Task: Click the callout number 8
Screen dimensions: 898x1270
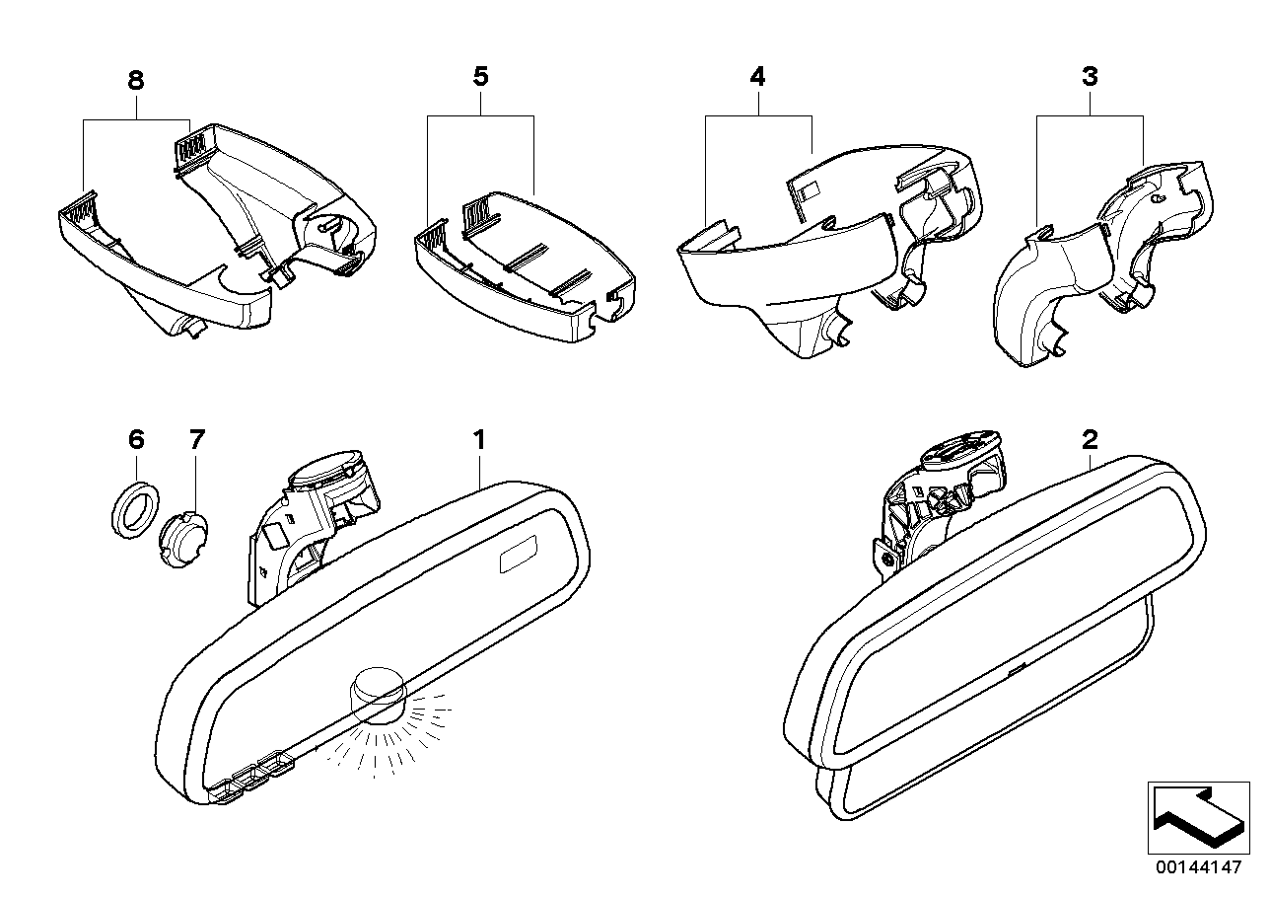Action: (x=135, y=81)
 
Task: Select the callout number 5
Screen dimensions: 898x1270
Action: (x=480, y=77)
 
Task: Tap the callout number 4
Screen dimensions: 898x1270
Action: (x=756, y=77)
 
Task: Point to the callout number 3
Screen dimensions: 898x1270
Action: (x=1090, y=77)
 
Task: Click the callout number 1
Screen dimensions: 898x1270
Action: (x=480, y=439)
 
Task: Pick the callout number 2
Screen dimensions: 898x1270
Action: (x=1090, y=439)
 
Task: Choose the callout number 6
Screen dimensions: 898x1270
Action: (x=135, y=440)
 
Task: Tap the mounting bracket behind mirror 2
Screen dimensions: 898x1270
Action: (x=937, y=503)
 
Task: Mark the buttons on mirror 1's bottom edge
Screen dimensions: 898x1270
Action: (x=252, y=774)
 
